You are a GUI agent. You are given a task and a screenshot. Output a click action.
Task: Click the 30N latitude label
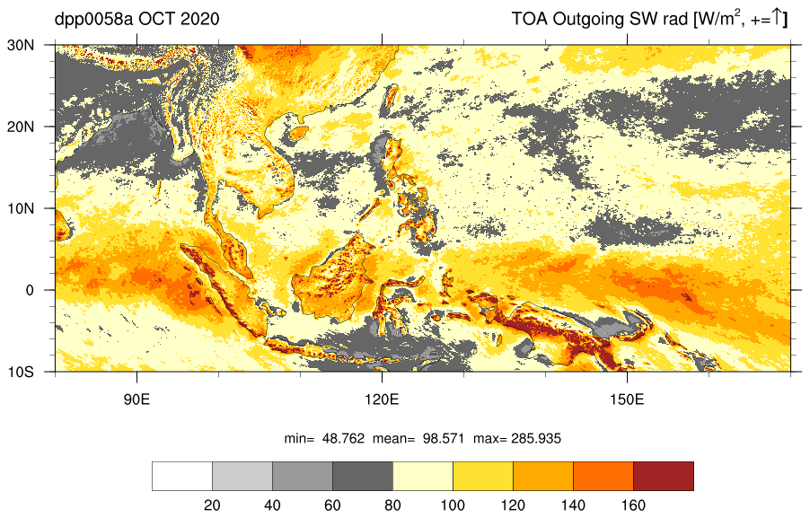(x=21, y=45)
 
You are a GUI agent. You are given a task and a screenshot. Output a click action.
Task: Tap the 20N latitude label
(x=21, y=127)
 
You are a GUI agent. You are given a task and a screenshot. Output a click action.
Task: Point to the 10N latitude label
(x=21, y=208)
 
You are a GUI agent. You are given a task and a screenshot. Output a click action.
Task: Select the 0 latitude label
(x=30, y=290)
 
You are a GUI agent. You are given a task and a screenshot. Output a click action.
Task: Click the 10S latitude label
(x=21, y=372)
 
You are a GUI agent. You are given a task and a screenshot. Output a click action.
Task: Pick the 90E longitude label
(x=136, y=399)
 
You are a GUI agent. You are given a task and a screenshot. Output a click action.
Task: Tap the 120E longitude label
(x=383, y=399)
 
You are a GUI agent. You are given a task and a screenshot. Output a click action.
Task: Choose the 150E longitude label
(x=627, y=399)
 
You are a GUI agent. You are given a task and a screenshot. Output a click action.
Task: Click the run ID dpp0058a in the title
(x=93, y=20)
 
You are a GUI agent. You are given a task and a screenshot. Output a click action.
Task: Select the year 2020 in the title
(x=200, y=19)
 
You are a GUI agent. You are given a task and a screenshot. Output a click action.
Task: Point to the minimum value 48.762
(x=344, y=439)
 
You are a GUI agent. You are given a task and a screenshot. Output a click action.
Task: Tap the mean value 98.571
(x=445, y=439)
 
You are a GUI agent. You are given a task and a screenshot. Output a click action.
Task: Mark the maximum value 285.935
(x=536, y=439)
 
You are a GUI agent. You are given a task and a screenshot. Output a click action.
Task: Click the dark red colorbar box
(x=664, y=476)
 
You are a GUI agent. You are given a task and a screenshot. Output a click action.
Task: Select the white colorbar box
(x=182, y=476)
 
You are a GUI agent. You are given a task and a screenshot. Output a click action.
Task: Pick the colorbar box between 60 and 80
(x=363, y=476)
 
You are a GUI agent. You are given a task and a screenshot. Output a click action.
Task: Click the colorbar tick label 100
(x=453, y=505)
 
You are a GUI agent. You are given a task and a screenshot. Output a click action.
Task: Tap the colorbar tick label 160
(x=633, y=505)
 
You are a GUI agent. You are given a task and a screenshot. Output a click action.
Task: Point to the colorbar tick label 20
(x=212, y=505)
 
